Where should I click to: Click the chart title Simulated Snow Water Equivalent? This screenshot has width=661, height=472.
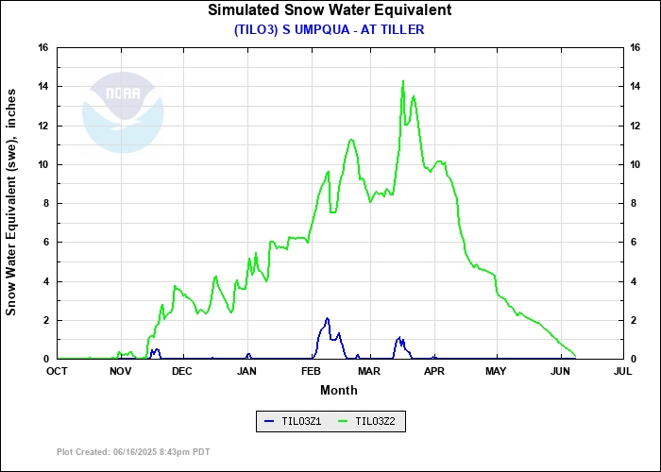pyautogui.click(x=330, y=10)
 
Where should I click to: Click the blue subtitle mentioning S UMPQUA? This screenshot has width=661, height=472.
pyautogui.click(x=330, y=29)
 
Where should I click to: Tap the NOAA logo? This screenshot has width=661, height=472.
pyautogui.click(x=123, y=113)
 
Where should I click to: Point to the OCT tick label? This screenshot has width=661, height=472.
pyautogui.click(x=58, y=372)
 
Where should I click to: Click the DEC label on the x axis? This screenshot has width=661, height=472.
pyautogui.click(x=182, y=372)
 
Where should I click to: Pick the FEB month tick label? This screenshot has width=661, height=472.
pyautogui.click(x=311, y=372)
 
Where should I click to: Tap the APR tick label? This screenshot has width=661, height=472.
pyautogui.click(x=433, y=372)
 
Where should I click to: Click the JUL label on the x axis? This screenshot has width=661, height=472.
pyautogui.click(x=622, y=372)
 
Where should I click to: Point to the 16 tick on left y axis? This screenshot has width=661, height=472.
pyautogui.click(x=43, y=48)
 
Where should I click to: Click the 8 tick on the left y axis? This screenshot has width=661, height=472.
pyautogui.click(x=46, y=203)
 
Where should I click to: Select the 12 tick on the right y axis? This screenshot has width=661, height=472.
pyautogui.click(x=636, y=126)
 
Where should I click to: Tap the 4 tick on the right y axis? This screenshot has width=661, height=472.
pyautogui.click(x=634, y=281)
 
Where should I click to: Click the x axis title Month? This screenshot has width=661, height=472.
pyautogui.click(x=339, y=390)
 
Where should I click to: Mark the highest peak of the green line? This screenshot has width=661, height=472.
pyautogui.click(x=403, y=81)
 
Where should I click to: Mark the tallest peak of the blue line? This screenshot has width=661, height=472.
pyautogui.click(x=327, y=319)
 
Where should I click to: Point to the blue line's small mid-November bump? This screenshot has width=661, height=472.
pyautogui.click(x=155, y=349)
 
